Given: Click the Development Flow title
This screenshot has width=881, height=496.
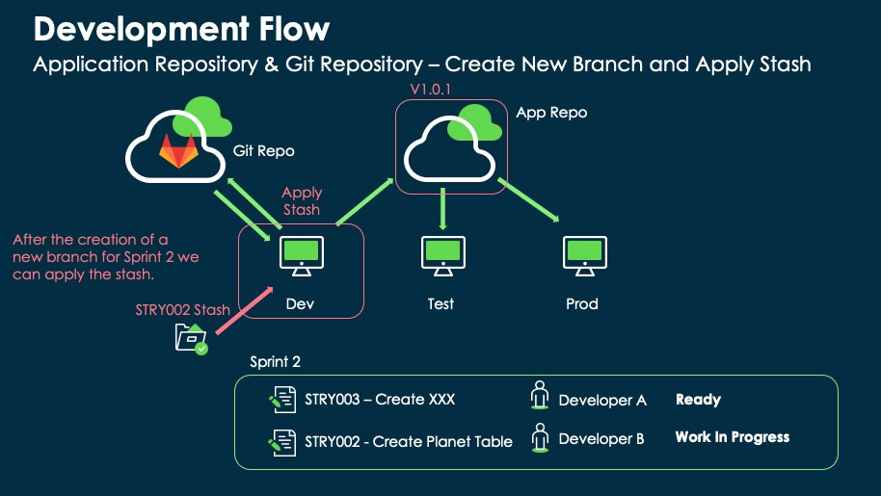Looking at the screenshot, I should pyautogui.click(x=181, y=29).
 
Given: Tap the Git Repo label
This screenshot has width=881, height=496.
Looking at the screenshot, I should pyautogui.click(x=263, y=151).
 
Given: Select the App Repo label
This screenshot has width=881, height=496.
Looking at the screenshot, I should pyautogui.click(x=551, y=113).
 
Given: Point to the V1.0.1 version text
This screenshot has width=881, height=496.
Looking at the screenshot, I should pyautogui.click(x=432, y=89).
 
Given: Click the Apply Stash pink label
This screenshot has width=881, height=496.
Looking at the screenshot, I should pyautogui.click(x=302, y=201).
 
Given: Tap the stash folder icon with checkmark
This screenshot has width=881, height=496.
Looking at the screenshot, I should pyautogui.click(x=191, y=339).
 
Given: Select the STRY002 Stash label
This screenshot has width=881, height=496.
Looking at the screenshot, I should pyautogui.click(x=183, y=309).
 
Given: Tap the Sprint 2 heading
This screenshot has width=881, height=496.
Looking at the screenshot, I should pyautogui.click(x=275, y=362).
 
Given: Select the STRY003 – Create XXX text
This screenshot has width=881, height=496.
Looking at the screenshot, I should pyautogui.click(x=380, y=400).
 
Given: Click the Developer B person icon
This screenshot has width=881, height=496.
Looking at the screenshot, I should pyautogui.click(x=540, y=438).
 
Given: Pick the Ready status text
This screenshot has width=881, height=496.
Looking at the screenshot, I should pyautogui.click(x=698, y=400).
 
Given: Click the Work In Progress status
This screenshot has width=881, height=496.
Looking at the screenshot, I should pyautogui.click(x=732, y=437).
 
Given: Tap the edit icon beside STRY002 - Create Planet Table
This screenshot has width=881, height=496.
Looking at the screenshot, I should pyautogui.click(x=281, y=441).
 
